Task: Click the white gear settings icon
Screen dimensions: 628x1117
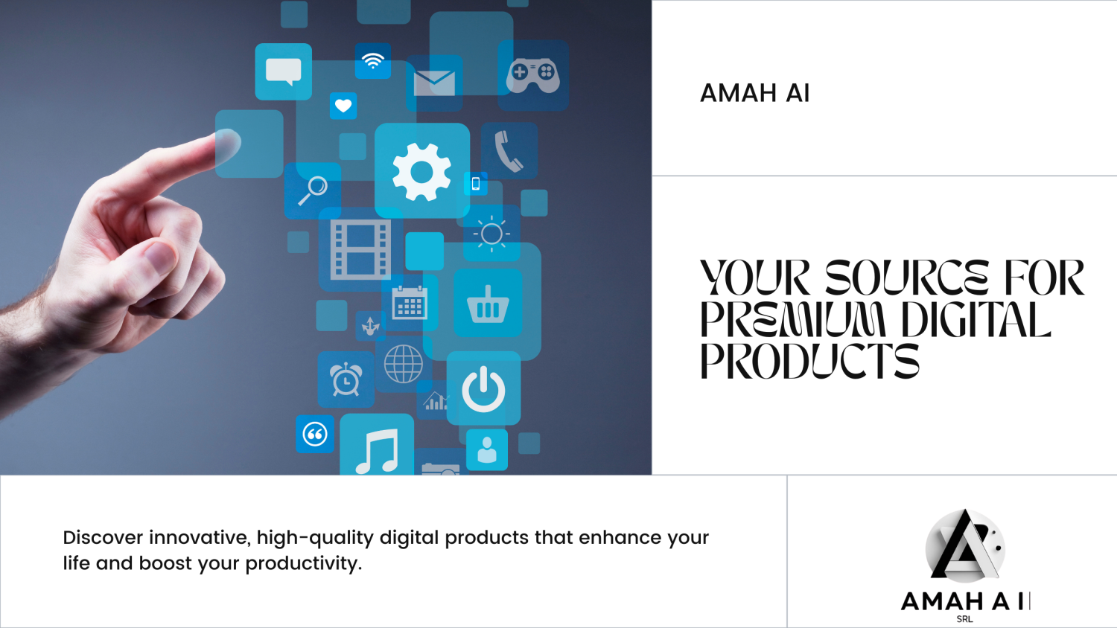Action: (x=421, y=172)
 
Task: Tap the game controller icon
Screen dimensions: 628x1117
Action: (x=533, y=75)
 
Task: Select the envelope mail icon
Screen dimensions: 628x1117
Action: (x=434, y=83)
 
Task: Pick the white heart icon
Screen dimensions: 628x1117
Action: (x=343, y=106)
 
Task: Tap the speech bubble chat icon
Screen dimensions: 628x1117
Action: (x=283, y=71)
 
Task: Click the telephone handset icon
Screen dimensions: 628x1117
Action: (x=509, y=151)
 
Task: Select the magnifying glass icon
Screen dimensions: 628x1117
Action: (x=314, y=190)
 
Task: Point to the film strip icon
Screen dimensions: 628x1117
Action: (x=361, y=249)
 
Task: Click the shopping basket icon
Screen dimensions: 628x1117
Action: (x=488, y=304)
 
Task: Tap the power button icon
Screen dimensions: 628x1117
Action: (x=483, y=388)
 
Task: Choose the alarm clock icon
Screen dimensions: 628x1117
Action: (x=346, y=379)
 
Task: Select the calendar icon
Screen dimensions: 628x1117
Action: (x=409, y=303)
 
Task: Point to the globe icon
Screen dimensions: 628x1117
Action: (x=404, y=364)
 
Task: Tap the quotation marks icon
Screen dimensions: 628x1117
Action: (x=315, y=434)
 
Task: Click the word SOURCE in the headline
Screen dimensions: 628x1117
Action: (x=906, y=278)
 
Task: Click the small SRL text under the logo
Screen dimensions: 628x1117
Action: (x=964, y=619)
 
